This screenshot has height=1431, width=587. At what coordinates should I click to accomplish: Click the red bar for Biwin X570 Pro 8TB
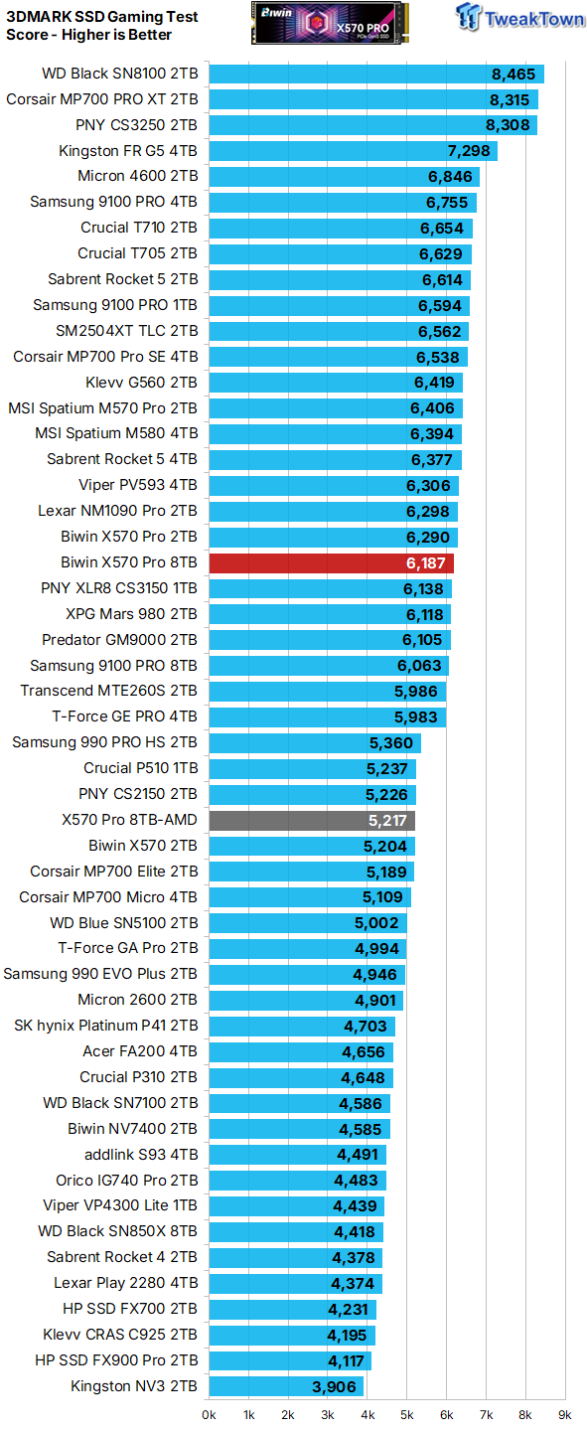(x=331, y=563)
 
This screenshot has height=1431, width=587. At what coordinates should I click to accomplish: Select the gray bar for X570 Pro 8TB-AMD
(x=311, y=820)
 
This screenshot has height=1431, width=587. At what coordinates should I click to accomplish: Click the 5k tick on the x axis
(x=406, y=1413)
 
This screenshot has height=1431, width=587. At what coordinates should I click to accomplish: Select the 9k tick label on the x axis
(x=564, y=1413)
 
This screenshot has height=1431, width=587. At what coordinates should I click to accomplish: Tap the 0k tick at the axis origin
(x=209, y=1413)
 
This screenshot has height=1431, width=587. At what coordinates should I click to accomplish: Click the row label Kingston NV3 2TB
(x=134, y=1386)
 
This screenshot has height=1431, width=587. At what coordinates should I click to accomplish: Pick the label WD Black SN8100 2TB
(x=119, y=74)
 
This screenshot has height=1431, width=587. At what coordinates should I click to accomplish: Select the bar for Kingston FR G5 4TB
(x=353, y=151)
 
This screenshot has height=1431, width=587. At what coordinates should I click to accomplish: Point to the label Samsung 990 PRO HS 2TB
(x=104, y=742)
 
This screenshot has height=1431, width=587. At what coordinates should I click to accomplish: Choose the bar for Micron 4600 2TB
(x=344, y=177)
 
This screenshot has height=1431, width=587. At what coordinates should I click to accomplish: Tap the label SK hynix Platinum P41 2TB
(x=105, y=1026)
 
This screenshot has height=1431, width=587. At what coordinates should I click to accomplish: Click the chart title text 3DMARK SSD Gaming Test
(x=101, y=17)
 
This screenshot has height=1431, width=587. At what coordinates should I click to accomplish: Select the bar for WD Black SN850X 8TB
(x=295, y=1232)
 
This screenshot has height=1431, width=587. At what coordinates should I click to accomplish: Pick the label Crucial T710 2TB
(x=139, y=228)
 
